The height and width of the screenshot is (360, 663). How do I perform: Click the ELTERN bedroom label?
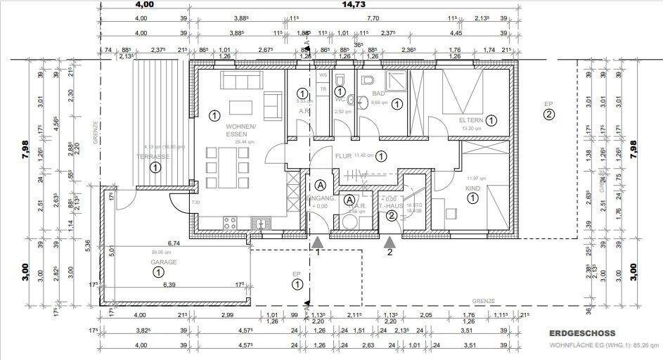(x=472, y=120)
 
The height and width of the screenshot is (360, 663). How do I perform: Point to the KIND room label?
(x=472, y=188)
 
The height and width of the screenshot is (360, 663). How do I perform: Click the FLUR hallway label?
(x=343, y=156)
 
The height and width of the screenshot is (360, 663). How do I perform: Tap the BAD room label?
(x=378, y=93)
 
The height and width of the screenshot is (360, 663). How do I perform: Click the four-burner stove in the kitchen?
(x=230, y=224)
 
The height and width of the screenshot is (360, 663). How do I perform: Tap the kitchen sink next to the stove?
(x=260, y=224)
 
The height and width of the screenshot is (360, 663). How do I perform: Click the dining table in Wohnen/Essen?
(x=224, y=169)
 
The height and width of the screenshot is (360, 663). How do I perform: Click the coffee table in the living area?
(x=240, y=107)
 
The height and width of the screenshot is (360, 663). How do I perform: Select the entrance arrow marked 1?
(x=318, y=242)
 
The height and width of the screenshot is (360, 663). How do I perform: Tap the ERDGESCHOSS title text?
(x=584, y=333)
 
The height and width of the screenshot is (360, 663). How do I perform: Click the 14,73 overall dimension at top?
(x=352, y=4)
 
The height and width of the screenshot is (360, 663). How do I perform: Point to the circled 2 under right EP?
(x=549, y=115)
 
